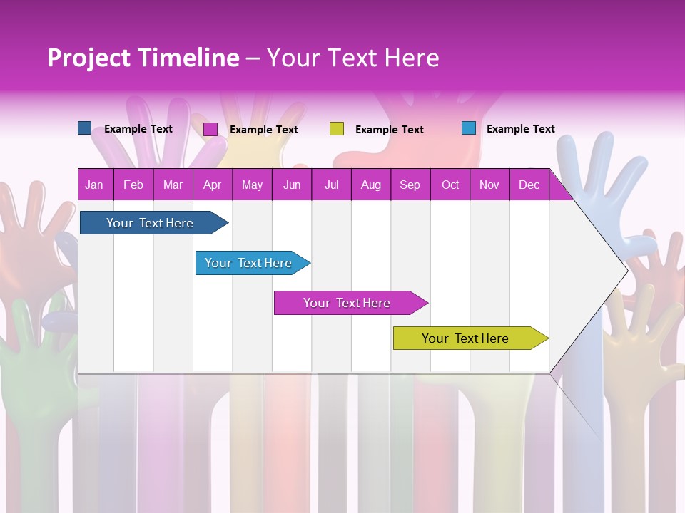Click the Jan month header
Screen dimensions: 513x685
pos(94,185)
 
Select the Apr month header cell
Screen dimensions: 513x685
pos(212,185)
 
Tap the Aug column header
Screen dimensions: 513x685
pos(370,185)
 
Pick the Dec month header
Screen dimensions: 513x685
pos(529,185)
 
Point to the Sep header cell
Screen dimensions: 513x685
pos(410,185)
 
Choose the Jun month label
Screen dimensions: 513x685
pos(291,185)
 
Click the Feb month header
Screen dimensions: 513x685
pos(133,185)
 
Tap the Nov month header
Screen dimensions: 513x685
pos(489,185)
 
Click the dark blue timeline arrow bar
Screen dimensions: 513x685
pos(150,223)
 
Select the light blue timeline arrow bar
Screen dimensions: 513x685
pos(248,263)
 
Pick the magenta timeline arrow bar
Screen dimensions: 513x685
pos(347,303)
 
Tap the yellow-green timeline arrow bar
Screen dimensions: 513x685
pos(465,338)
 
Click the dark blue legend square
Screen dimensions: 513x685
pos(84,128)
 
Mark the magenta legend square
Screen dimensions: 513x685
pos(210,129)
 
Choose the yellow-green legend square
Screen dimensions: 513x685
pos(337,129)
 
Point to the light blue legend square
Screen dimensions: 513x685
pos(468,128)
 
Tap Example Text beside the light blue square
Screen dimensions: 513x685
pos(520,128)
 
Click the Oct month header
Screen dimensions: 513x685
pos(450,185)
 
